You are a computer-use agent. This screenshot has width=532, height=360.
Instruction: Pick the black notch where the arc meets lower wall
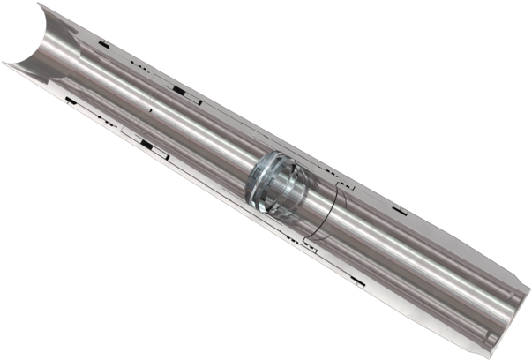coord(305,240)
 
